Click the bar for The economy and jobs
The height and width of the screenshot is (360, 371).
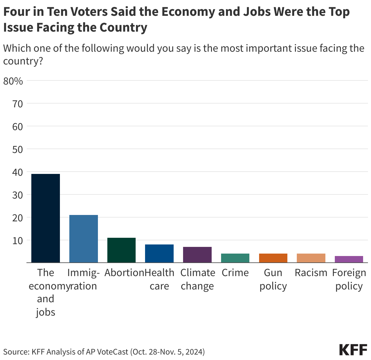46,218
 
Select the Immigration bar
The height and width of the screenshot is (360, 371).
84,239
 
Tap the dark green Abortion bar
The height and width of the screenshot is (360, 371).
121,250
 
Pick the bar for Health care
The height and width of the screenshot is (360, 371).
159,253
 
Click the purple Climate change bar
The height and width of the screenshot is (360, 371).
197,254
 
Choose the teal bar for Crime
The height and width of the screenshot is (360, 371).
235,258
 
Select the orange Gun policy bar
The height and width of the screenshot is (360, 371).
273,258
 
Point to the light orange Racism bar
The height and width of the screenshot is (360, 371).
311,258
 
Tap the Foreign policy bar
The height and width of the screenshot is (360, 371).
349,259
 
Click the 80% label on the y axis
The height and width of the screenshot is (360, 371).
13,81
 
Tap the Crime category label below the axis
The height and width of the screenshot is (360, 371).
235,273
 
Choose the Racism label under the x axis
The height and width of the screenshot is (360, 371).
311,273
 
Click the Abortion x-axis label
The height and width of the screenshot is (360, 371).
124,273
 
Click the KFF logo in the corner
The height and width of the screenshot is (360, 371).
353,350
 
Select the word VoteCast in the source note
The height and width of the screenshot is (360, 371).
113,352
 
